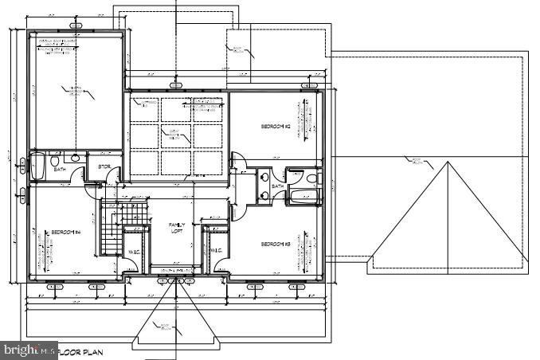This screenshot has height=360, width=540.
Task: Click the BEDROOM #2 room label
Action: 274,127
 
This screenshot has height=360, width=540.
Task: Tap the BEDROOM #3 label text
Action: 274,245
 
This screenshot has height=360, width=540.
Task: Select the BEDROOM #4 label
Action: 66,233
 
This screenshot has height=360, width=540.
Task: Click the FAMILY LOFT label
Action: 176,229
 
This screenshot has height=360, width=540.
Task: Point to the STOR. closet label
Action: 104,166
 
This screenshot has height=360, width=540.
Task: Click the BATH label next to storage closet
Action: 60,170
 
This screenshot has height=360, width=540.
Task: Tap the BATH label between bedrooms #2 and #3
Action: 277,186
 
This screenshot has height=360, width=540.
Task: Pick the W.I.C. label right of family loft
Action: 216,251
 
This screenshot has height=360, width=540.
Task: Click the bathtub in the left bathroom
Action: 37,166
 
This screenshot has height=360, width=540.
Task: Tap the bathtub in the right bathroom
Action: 303,195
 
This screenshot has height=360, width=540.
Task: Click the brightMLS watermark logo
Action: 24,350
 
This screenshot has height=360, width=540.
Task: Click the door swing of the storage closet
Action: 114,173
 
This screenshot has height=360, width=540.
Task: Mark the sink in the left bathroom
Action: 75,158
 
